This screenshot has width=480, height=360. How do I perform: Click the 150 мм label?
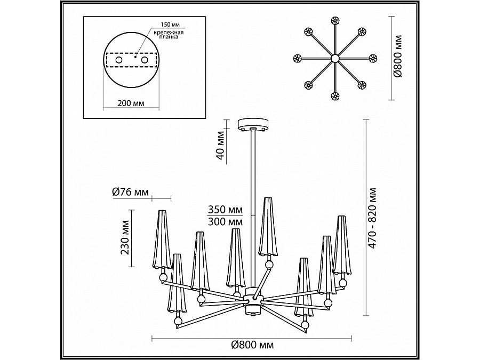point(171,25)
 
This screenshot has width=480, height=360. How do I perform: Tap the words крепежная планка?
point(169,35)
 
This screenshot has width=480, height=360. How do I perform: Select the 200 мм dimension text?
point(131,103)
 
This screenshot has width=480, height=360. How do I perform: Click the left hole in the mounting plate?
point(118,60)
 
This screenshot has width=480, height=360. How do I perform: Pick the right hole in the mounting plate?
point(145,60)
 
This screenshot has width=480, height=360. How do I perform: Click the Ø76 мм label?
point(131,192)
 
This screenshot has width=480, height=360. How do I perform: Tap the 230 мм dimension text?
point(125,237)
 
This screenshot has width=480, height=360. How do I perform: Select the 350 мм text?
point(225,210)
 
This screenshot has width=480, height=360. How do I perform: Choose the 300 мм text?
point(225,221)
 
